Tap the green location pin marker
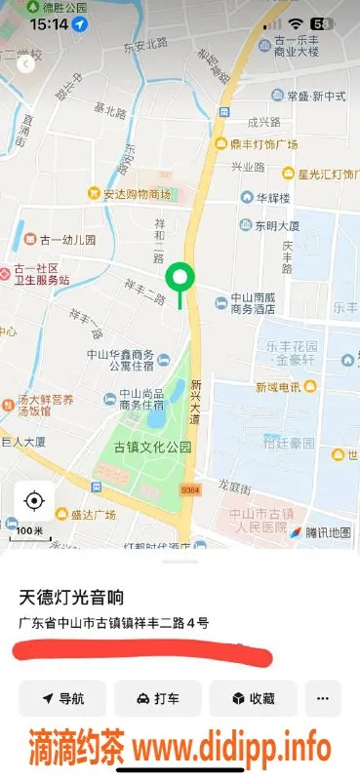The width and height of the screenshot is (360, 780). [180, 278]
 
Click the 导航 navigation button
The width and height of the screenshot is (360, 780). [62, 698]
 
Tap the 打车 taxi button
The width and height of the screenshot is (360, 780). [157, 698]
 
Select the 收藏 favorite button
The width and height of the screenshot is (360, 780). [253, 698]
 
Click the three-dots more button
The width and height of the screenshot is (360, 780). [323, 698]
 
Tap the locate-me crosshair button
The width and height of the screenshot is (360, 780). [34, 501]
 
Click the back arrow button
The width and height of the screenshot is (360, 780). [26, 65]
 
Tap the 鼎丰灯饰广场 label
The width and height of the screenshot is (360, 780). [256, 144]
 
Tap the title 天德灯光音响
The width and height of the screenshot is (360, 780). [73, 596]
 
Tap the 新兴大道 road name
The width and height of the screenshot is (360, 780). [196, 400]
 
